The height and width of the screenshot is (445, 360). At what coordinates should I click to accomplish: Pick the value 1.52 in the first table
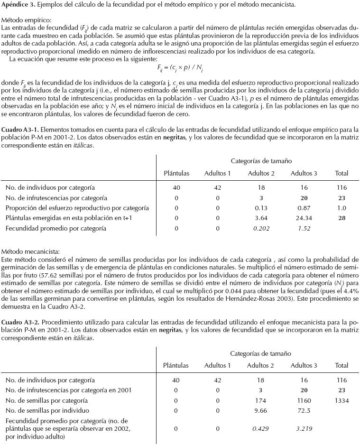tap(304, 228)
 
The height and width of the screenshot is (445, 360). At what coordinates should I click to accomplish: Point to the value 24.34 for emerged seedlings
tap(304, 218)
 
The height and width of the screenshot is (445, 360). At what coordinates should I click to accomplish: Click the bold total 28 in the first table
tap(342, 218)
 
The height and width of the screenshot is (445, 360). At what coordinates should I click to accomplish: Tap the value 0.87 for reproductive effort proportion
tap(304, 208)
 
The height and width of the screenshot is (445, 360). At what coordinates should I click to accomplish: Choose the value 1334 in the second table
tap(342, 400)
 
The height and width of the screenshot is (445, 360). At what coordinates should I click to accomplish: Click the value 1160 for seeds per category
tap(304, 400)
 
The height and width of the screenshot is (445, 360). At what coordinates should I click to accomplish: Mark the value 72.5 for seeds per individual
tap(304, 410)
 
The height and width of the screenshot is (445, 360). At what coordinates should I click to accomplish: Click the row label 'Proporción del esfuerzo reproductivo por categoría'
tap(77, 208)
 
